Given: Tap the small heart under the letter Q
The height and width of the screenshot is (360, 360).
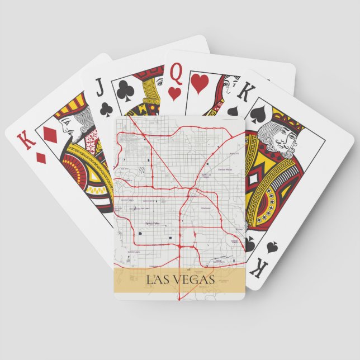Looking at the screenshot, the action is click(174, 93).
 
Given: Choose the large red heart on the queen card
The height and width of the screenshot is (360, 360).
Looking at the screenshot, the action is click(199, 83).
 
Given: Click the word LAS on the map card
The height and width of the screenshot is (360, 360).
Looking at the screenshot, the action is click(158, 280).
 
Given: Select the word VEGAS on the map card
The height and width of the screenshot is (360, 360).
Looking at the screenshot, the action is click(193, 280).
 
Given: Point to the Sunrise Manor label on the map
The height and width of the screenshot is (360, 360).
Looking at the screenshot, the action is click(225, 169).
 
